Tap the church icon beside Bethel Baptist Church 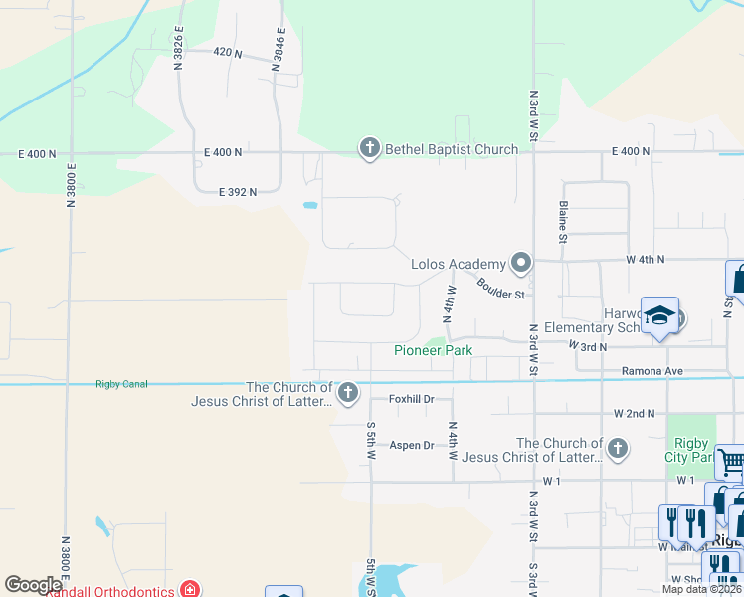(x=369, y=149)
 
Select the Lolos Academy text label (x=459, y=264)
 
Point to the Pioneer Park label (x=433, y=350)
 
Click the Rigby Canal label (x=121, y=384)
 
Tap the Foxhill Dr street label (x=412, y=399)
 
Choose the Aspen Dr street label (x=412, y=445)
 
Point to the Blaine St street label (x=563, y=222)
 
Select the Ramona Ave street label (x=652, y=370)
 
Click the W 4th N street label (x=645, y=259)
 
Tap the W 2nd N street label (x=634, y=412)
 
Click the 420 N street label (x=228, y=51)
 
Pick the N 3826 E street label (x=179, y=48)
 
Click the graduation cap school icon (x=659, y=316)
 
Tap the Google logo (x=33, y=585)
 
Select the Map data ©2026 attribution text (x=700, y=589)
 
